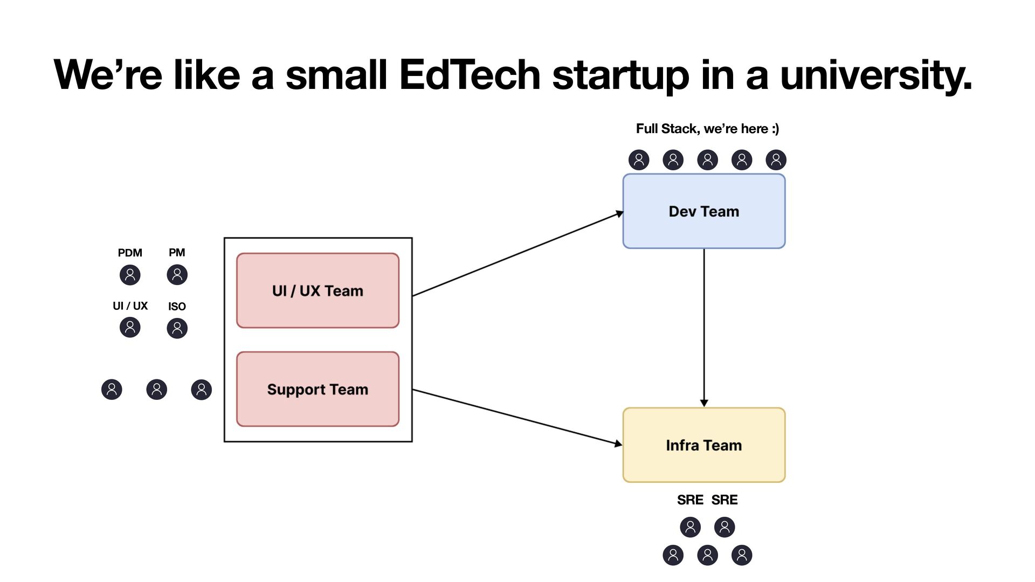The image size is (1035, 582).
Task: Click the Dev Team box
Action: click(703, 211)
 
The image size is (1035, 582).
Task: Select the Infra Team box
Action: click(703, 445)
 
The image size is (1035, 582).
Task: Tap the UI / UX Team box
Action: click(318, 290)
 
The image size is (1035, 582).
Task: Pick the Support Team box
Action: click(318, 389)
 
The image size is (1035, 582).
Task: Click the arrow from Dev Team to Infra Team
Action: click(703, 323)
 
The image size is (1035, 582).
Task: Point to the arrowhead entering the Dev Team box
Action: click(619, 214)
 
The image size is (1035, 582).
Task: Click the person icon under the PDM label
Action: click(130, 275)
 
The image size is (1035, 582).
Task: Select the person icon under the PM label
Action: click(177, 275)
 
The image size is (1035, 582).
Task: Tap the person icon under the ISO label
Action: click(177, 328)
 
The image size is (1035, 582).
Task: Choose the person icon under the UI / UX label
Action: click(130, 327)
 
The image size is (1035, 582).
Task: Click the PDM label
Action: click(130, 253)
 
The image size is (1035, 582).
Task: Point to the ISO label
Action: click(177, 307)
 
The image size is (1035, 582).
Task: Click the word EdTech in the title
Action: click(470, 75)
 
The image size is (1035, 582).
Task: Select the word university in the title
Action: click(875, 76)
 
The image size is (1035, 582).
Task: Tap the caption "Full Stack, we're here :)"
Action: click(707, 129)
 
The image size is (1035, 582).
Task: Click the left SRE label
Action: click(690, 500)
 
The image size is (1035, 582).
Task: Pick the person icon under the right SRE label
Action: click(724, 527)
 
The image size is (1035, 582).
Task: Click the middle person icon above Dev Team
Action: click(707, 160)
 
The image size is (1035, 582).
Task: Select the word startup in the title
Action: click(620, 76)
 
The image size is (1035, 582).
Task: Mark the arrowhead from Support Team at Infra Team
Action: click(618, 444)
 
